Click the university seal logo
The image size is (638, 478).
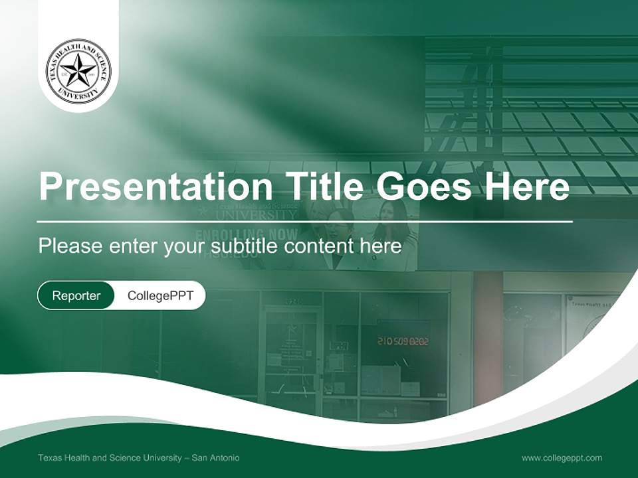(x=78, y=71)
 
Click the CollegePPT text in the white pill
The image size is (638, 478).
(x=160, y=295)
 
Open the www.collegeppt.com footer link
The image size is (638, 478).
(x=562, y=457)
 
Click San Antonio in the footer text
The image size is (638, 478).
(x=216, y=457)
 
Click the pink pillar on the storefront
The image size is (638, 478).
(x=488, y=332)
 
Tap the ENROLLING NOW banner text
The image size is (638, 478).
(x=246, y=234)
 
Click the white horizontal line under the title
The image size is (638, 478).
(x=305, y=221)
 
